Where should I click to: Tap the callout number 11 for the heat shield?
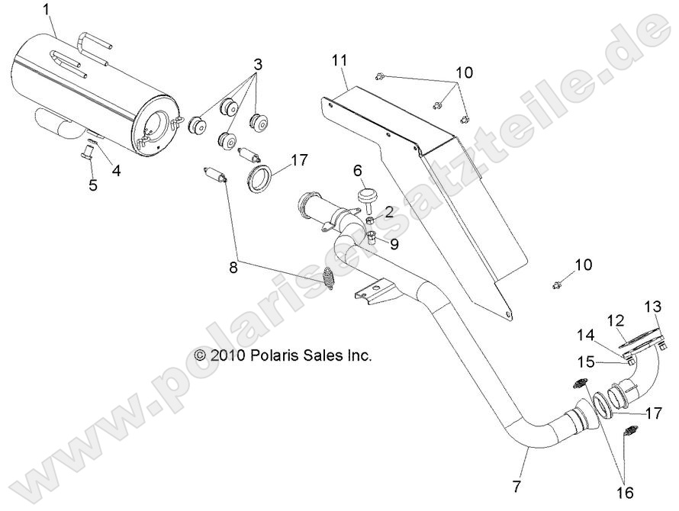click(x=339, y=60)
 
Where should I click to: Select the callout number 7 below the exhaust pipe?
click(x=516, y=487)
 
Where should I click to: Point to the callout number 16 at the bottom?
click(x=626, y=493)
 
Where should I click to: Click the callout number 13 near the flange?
click(x=653, y=307)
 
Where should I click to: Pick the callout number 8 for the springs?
click(x=233, y=268)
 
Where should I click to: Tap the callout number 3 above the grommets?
click(x=258, y=65)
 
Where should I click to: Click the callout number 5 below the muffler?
click(x=92, y=185)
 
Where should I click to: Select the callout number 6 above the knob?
click(x=358, y=171)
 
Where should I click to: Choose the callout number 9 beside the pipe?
click(x=394, y=244)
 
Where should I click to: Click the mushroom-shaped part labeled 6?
click(x=368, y=199)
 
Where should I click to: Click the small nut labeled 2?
click(x=371, y=221)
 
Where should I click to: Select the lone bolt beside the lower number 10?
click(x=556, y=285)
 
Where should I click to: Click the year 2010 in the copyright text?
click(x=228, y=355)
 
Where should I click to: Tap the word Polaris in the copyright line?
click(x=271, y=355)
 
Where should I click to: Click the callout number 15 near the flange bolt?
click(x=587, y=362)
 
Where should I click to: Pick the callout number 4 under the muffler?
click(x=116, y=171)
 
